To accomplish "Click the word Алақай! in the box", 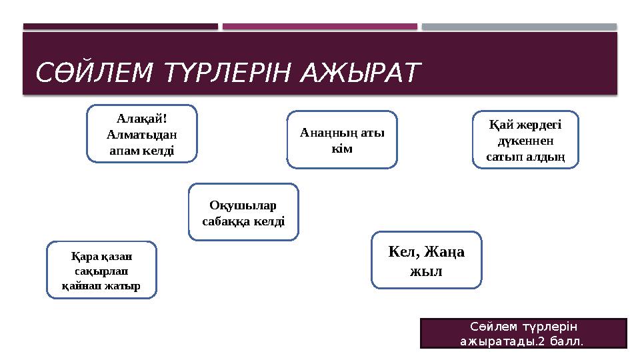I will click(141, 119).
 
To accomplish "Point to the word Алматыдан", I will click(141, 134).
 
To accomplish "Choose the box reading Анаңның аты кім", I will click(342, 139).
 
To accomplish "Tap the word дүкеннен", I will click(525, 141).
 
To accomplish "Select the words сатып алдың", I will click(525, 157).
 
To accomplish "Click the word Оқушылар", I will click(243, 205).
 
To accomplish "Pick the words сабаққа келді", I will click(243, 220).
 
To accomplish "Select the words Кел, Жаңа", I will click(427, 252).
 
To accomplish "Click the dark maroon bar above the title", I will click(121, 27).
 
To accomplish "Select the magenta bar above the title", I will click(319, 27).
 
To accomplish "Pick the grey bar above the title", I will click(519, 27).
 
